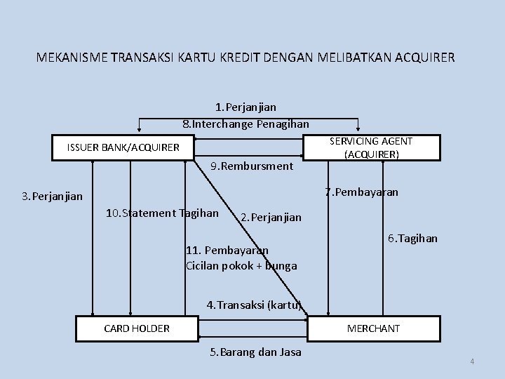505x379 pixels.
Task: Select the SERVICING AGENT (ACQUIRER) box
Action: click(x=370, y=147)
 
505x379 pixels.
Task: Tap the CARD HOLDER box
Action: click(x=137, y=328)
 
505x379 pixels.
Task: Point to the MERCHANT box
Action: click(x=374, y=328)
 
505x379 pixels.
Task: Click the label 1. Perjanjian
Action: click(x=245, y=107)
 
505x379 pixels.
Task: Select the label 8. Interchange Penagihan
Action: click(x=245, y=124)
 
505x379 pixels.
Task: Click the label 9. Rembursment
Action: click(x=252, y=166)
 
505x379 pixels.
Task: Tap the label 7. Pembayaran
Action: click(x=361, y=192)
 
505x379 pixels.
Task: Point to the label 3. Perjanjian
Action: click(x=52, y=197)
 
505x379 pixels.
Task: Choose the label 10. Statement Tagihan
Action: click(x=161, y=213)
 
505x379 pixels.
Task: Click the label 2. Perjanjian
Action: click(x=271, y=218)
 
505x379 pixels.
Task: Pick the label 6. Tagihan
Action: click(x=412, y=238)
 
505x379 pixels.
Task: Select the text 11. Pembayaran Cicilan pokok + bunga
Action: click(x=241, y=258)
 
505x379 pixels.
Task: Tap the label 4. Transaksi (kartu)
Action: click(x=254, y=305)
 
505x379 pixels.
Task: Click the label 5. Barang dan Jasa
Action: click(x=255, y=352)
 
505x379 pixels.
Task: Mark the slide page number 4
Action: click(x=472, y=361)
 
